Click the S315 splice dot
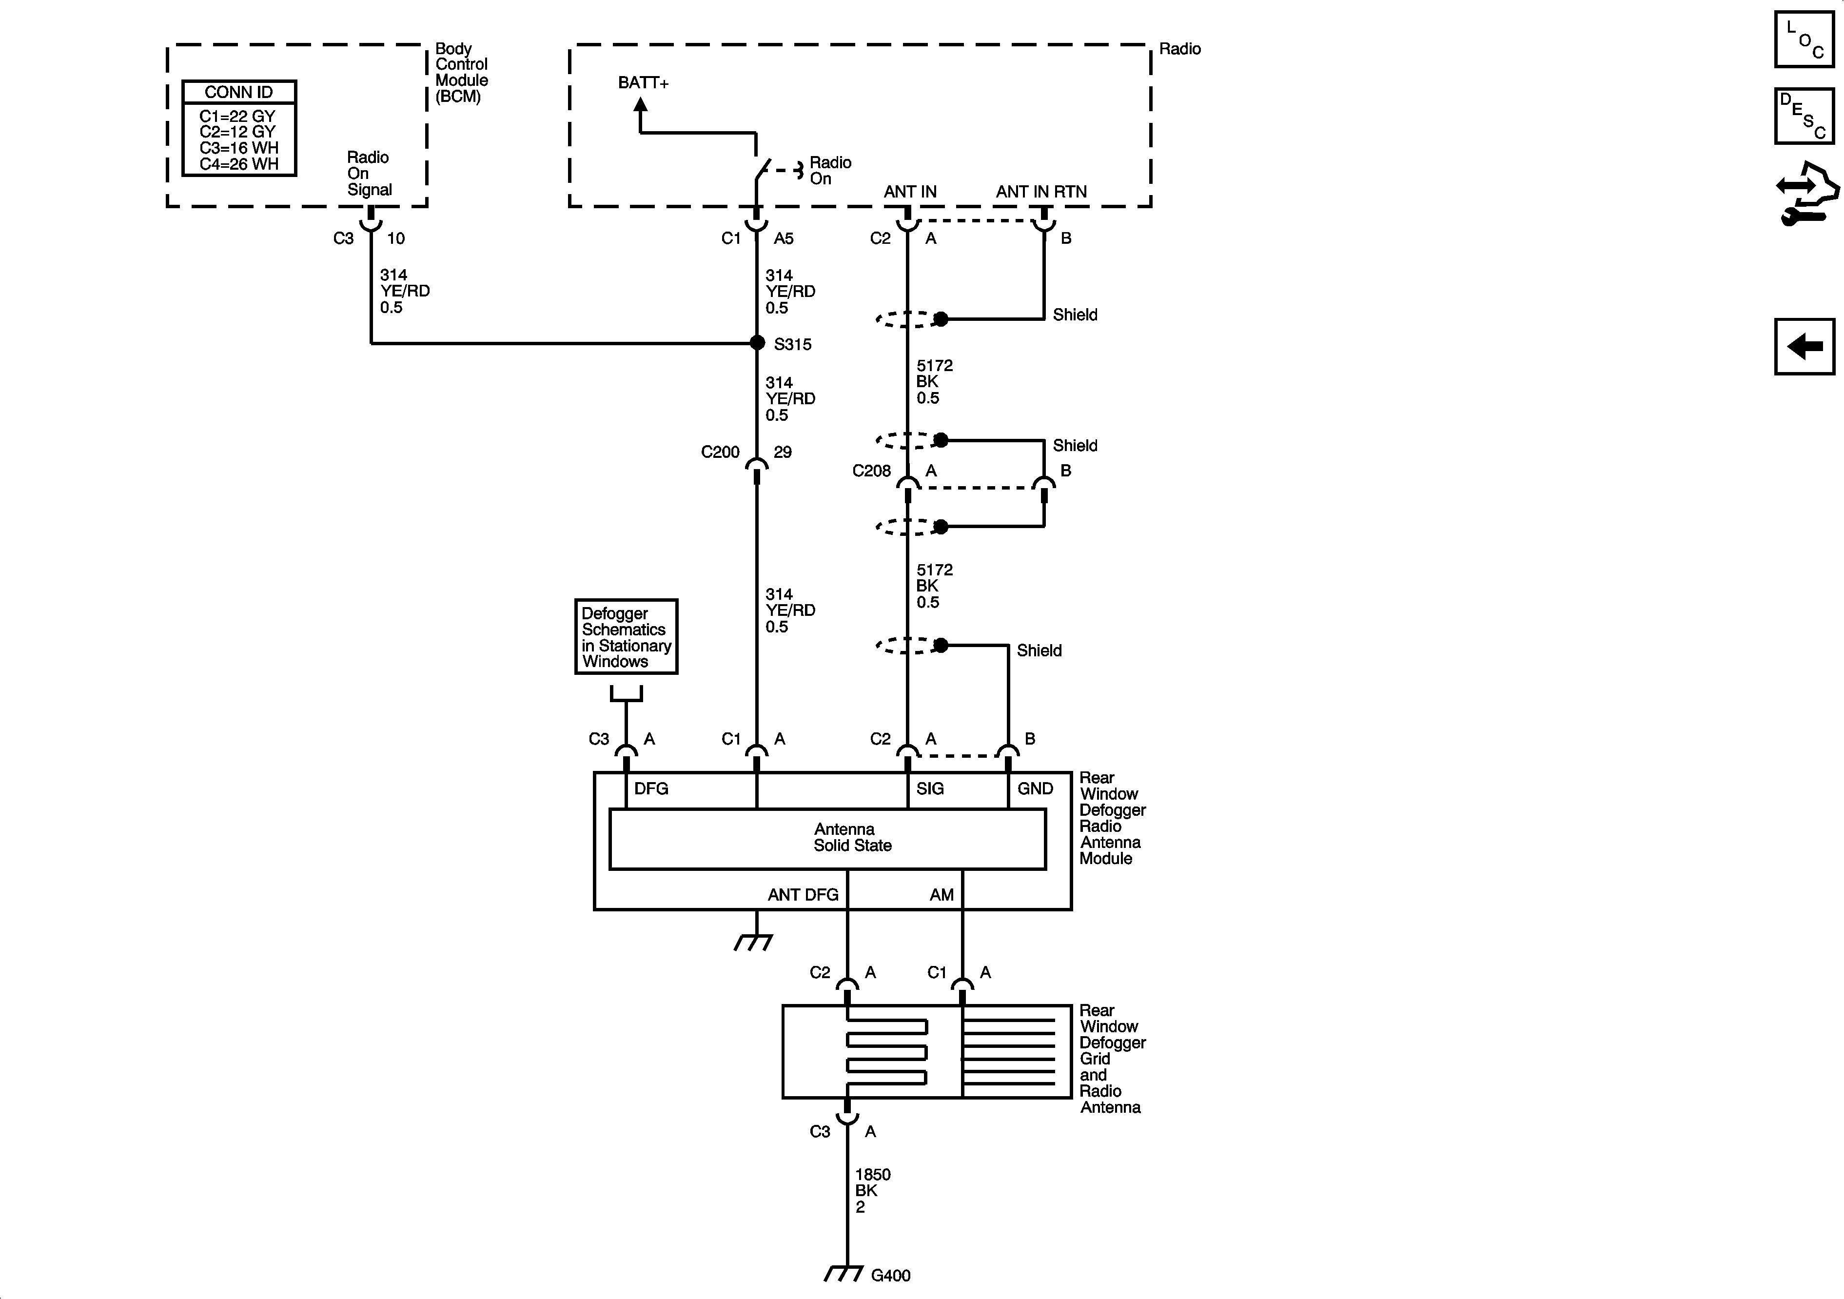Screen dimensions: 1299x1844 point(757,343)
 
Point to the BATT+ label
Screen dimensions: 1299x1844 point(643,83)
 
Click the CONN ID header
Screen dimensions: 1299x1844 point(238,92)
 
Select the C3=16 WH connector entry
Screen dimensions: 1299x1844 point(238,148)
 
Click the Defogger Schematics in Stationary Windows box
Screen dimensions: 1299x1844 point(626,637)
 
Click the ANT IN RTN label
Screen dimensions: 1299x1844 point(1041,192)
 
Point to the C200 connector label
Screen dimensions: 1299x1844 point(720,453)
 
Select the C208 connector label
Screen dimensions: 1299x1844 point(871,471)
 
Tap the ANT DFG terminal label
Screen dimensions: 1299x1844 point(803,895)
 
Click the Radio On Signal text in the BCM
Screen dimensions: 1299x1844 point(369,174)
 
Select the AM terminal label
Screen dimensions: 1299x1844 point(942,895)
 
